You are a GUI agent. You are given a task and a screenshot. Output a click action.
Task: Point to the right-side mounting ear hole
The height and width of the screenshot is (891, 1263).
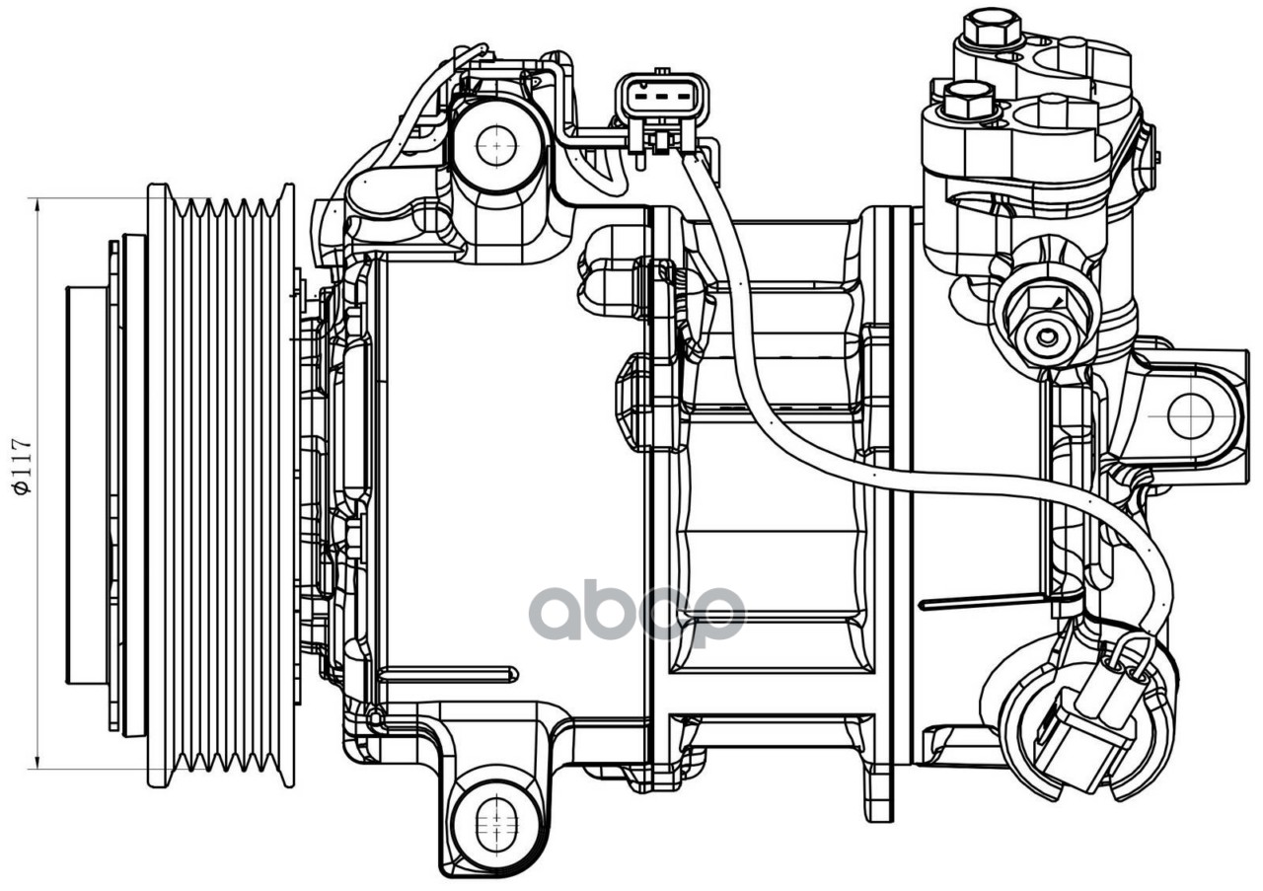click(1190, 415)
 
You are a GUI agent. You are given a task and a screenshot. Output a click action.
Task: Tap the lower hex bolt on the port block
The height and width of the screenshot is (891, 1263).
click(968, 98)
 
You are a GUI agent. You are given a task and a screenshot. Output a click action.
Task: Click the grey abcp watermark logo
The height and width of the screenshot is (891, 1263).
click(636, 612)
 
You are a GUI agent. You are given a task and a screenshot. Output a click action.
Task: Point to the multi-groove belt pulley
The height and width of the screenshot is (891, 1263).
click(221, 483)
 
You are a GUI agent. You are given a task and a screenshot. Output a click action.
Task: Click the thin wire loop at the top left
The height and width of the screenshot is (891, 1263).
click(424, 99)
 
